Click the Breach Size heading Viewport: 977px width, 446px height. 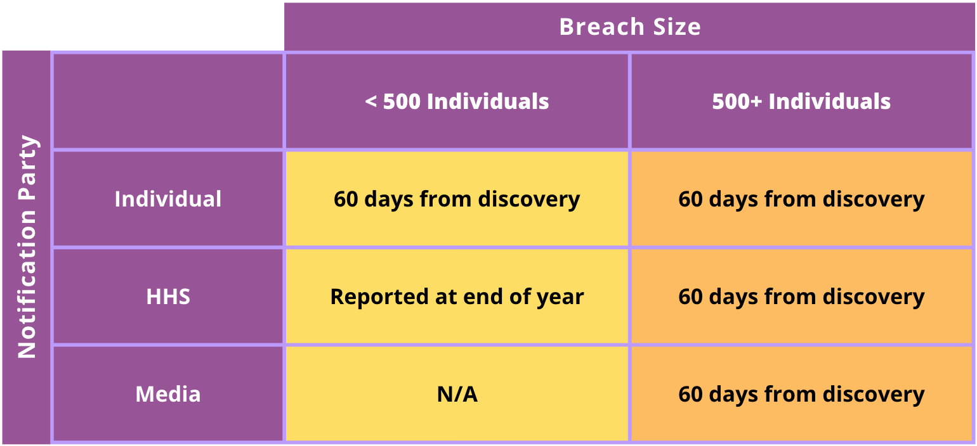(630, 27)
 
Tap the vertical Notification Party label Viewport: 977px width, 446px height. (27, 247)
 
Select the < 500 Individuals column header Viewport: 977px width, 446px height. (457, 101)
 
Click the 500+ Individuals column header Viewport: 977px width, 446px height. (801, 101)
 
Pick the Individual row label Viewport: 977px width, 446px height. (168, 199)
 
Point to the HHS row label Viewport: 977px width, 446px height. (168, 296)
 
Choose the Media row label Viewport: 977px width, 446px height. (168, 394)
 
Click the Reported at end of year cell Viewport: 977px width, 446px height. (457, 296)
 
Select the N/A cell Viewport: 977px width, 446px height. (457, 394)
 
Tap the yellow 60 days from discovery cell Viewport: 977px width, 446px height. (457, 199)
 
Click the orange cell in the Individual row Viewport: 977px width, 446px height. (801, 199)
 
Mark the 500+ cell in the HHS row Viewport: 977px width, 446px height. (801, 296)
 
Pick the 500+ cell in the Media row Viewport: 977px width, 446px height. (801, 394)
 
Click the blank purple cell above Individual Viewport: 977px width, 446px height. (168, 101)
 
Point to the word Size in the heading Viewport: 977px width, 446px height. (677, 27)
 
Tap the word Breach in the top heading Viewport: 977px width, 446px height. (602, 27)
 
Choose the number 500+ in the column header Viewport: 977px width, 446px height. (737, 101)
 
